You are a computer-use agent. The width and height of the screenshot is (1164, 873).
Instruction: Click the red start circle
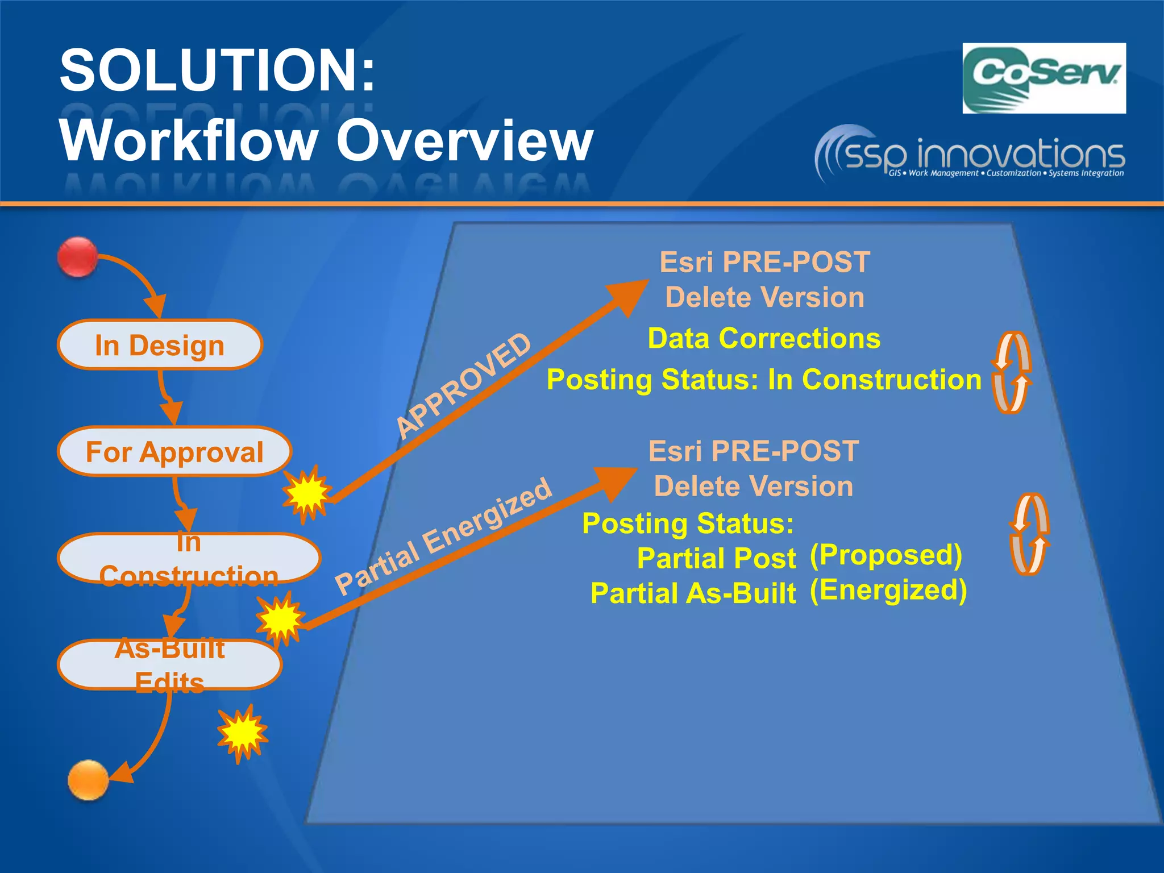(x=77, y=257)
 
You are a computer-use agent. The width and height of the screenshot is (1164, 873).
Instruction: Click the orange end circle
(x=88, y=780)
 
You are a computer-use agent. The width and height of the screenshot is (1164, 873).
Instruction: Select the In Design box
(x=160, y=345)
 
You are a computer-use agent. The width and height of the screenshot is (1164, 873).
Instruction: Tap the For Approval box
(x=174, y=452)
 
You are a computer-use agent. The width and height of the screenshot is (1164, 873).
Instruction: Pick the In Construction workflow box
(x=189, y=559)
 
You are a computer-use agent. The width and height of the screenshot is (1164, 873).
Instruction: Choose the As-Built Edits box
(x=169, y=664)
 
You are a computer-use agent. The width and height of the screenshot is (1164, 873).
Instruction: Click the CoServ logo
(x=1044, y=78)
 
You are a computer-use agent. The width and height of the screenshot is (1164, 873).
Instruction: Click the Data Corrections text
(x=764, y=339)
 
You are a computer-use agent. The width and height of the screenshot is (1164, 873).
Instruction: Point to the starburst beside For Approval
(x=307, y=492)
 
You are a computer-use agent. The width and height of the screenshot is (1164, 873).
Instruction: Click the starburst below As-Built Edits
(x=243, y=733)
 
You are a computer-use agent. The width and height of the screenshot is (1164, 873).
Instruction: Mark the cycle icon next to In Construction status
(x=1012, y=373)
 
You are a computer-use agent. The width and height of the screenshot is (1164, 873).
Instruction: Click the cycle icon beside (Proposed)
(x=1029, y=534)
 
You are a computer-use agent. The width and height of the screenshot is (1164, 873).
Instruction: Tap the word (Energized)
(x=888, y=591)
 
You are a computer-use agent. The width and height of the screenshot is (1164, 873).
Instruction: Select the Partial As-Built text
(x=693, y=593)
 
